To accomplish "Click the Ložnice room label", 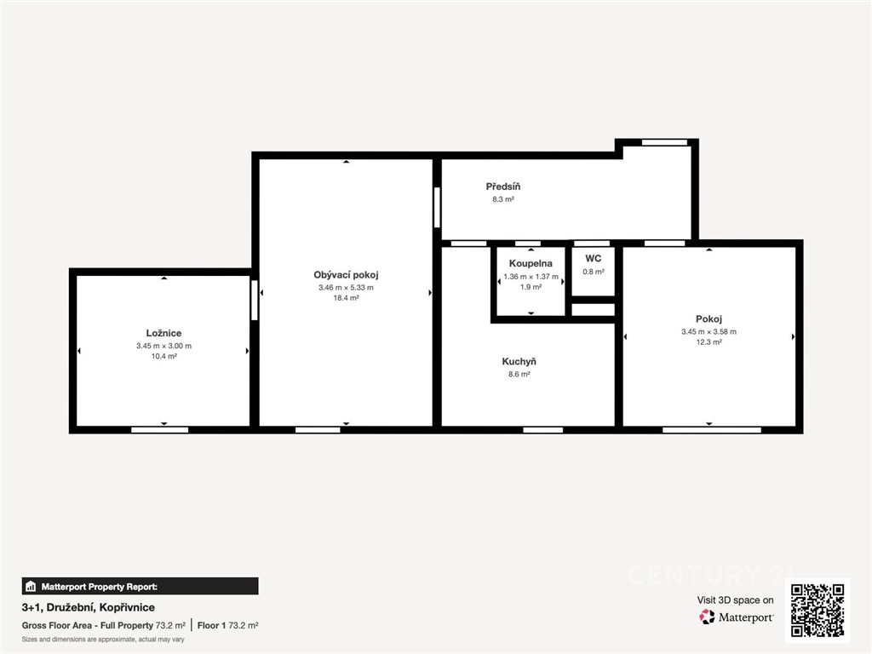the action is click(163, 333).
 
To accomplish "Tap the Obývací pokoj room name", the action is click(346, 275).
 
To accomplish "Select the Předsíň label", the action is click(503, 186).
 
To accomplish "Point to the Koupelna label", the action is click(531, 264).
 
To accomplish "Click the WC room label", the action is click(594, 259).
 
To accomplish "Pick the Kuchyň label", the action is click(519, 361).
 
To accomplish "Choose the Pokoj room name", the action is click(709, 318).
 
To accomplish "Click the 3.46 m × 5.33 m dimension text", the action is click(346, 288).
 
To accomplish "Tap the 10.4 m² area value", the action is click(164, 356).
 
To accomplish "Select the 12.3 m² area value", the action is click(709, 342).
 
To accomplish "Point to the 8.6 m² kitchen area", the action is click(519, 375).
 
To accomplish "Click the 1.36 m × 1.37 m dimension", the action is click(531, 277).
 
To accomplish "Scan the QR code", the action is click(817, 610).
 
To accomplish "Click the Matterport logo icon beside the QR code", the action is click(707, 617).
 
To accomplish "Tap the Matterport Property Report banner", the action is click(141, 586).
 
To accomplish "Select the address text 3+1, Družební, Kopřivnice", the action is click(89, 607).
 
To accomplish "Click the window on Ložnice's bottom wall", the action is click(159, 430).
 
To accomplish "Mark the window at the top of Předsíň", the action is click(664, 142).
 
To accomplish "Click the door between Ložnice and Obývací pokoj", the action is click(255, 301).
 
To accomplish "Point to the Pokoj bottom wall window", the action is click(712, 430).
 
